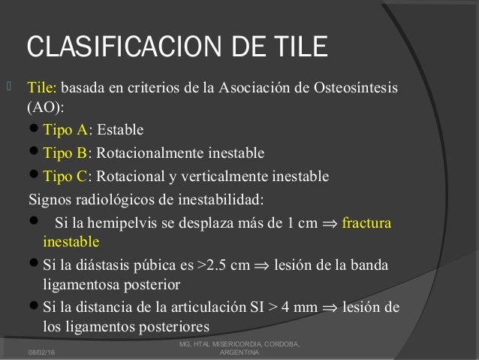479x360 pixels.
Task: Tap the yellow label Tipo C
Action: [x=65, y=177]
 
